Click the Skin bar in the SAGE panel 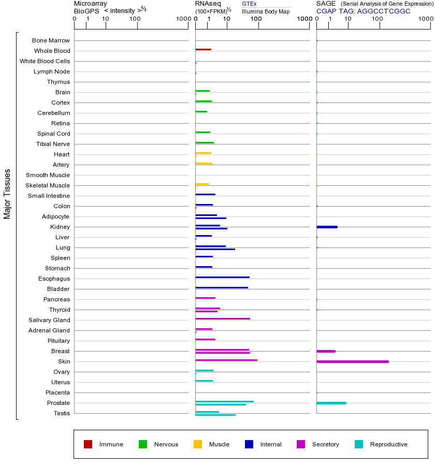(352, 361)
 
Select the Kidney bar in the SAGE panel (327, 227)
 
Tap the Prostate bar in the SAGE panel (331, 403)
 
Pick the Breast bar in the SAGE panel (326, 351)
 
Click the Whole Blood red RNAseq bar (203, 49)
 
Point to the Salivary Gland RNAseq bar (223, 318)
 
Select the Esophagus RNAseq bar (222, 277)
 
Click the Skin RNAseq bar (226, 360)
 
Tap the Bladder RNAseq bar (222, 287)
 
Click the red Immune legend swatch (88, 444)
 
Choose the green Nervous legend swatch (143, 444)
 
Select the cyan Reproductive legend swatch (359, 444)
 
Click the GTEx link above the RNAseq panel (249, 4)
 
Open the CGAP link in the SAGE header (326, 11)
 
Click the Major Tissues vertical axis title (7, 194)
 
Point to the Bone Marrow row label (51, 40)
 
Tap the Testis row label (62, 413)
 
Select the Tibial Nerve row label (53, 144)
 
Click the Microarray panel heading (91, 4)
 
